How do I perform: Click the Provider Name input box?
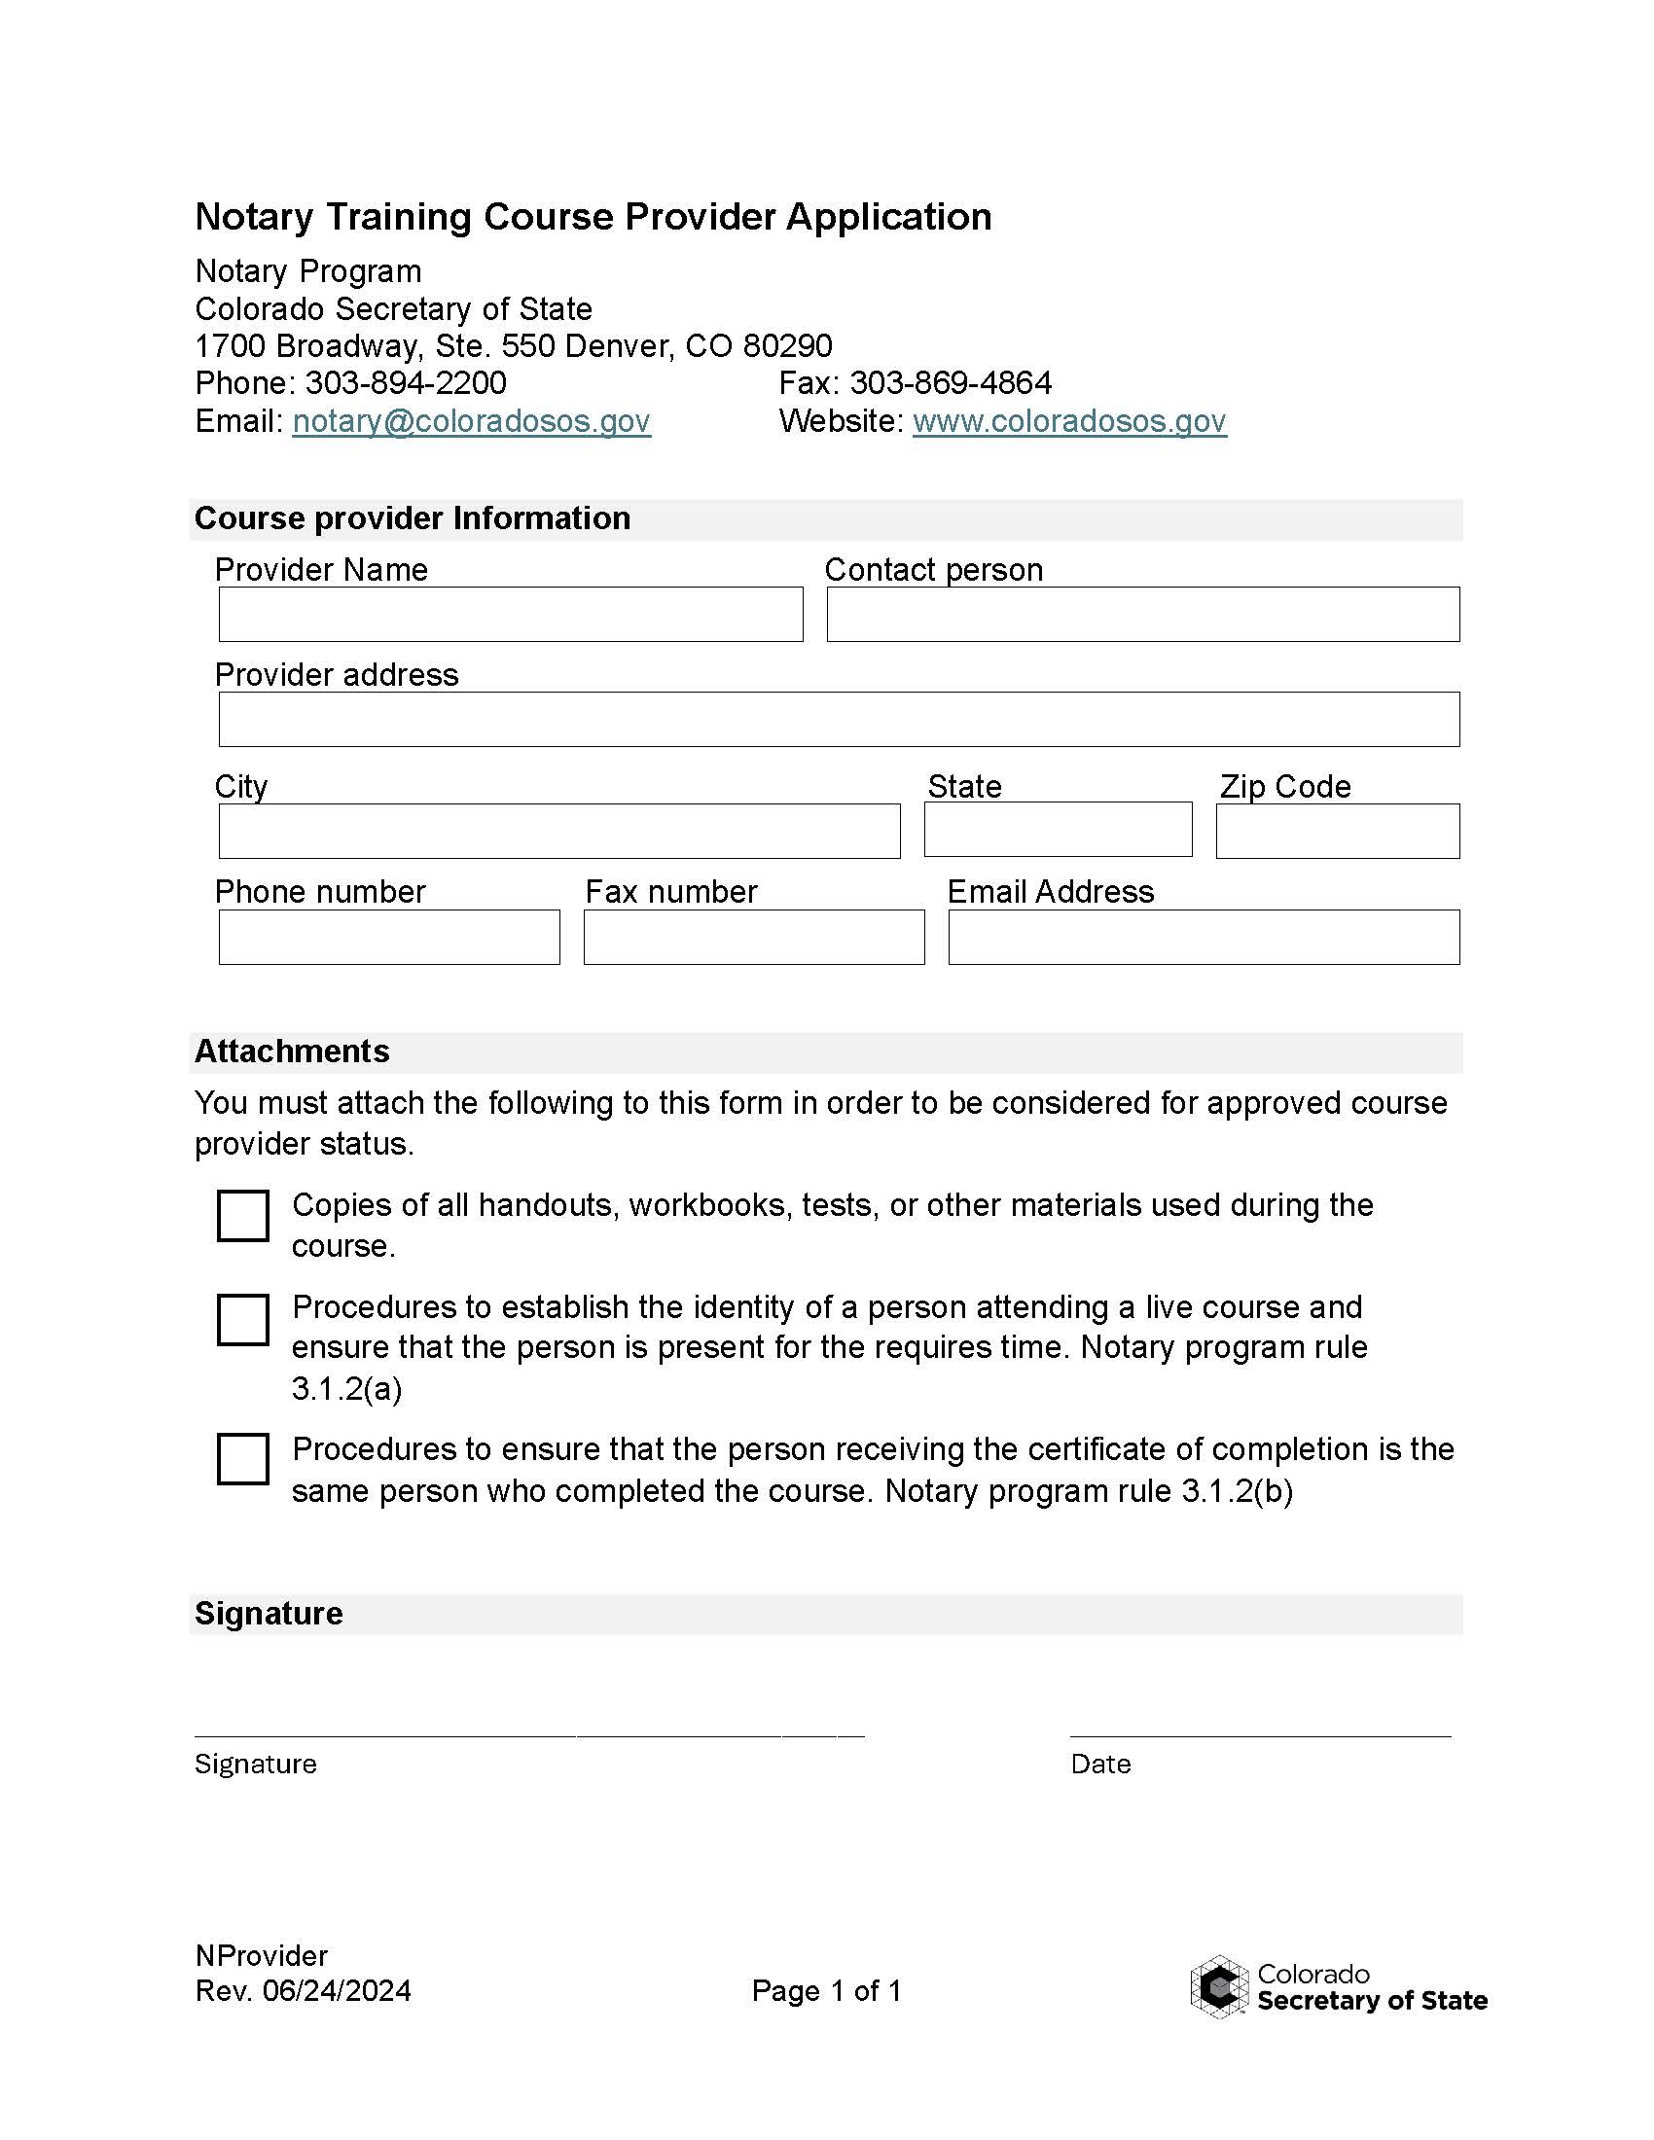point(511,615)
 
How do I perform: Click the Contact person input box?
point(1142,615)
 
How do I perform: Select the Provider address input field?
point(839,719)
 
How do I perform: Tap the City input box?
point(558,831)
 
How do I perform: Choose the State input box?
point(1058,830)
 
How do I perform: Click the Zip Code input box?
point(1338,831)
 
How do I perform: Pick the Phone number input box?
point(389,937)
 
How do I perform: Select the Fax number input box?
point(753,937)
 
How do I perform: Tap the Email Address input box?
point(1204,937)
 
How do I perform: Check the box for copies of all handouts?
point(243,1216)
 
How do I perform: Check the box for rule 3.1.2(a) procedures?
point(243,1320)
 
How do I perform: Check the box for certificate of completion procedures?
point(243,1459)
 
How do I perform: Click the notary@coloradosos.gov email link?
point(471,421)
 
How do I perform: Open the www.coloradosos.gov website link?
point(1069,421)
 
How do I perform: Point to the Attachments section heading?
point(292,1052)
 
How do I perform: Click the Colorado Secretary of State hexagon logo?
point(1219,1987)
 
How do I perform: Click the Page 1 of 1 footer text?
point(826,1991)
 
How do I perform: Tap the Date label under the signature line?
point(1100,1764)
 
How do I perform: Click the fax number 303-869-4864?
point(951,383)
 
